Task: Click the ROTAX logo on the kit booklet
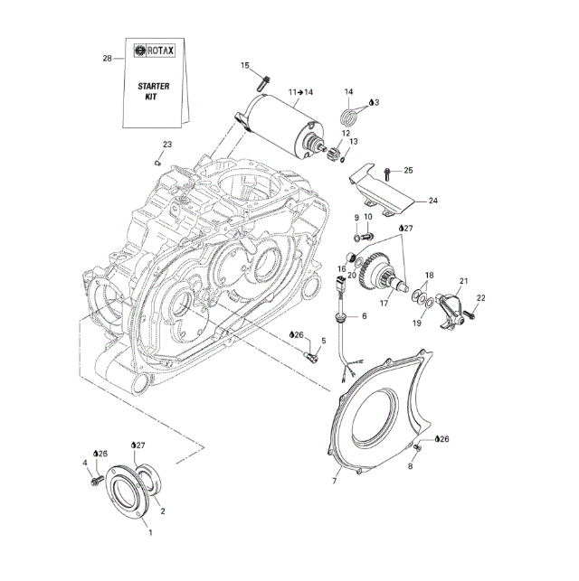coord(155,52)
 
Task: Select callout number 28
coord(107,59)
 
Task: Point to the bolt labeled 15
coord(261,80)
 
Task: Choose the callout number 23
coord(166,145)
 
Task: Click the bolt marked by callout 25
coord(388,171)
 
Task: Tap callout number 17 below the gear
coord(384,304)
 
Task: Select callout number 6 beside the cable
coord(364,316)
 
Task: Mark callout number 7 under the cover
coord(334,481)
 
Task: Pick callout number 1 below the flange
coord(150,533)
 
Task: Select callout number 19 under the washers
coord(417,323)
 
